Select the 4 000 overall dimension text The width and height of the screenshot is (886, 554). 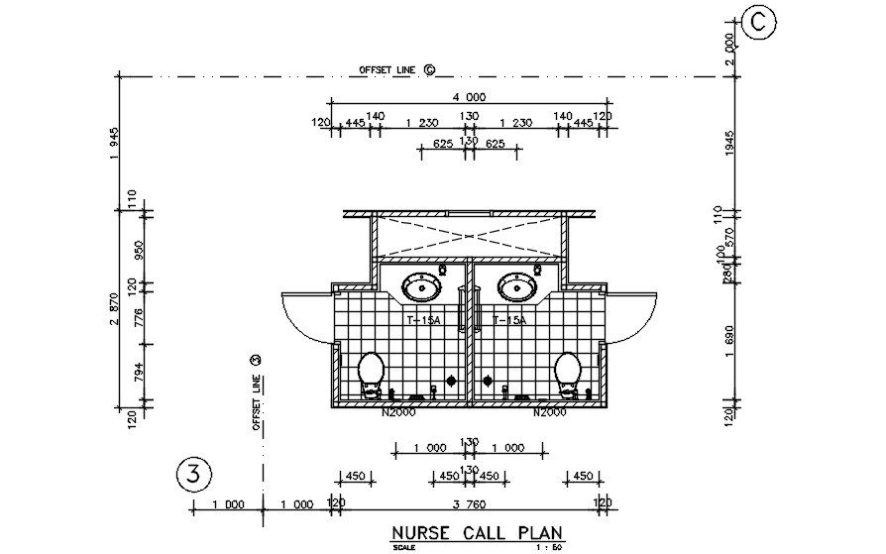point(469,96)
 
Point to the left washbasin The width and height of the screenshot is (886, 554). point(423,288)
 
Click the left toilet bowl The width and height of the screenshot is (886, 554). point(371,373)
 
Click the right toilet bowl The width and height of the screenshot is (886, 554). point(569,373)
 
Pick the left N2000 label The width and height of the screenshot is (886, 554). point(397,412)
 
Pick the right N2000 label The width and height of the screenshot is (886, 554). point(549,412)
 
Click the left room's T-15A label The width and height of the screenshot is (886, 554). point(423,321)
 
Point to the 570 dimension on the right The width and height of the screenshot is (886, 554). point(729,238)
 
